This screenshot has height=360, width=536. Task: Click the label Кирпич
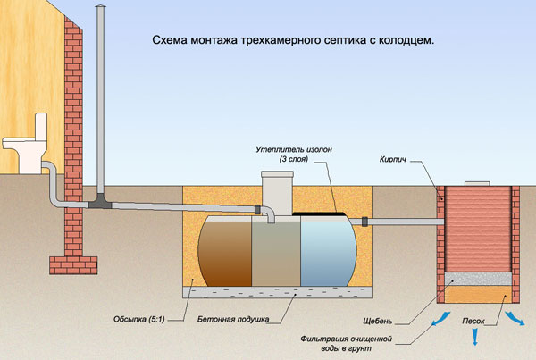(x=397, y=159)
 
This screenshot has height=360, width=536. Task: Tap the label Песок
(x=473, y=319)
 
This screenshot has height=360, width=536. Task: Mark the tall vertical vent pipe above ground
(x=99, y=98)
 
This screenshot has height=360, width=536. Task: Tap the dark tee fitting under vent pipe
(x=99, y=205)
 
